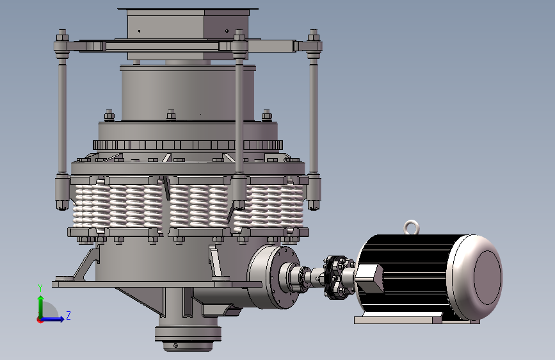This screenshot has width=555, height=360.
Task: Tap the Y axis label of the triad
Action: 40,288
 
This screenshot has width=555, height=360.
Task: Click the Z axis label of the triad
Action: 68,315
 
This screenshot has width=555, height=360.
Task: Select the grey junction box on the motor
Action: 369,278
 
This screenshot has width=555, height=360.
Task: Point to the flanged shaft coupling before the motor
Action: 337,277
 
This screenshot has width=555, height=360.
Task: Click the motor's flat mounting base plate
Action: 417,319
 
